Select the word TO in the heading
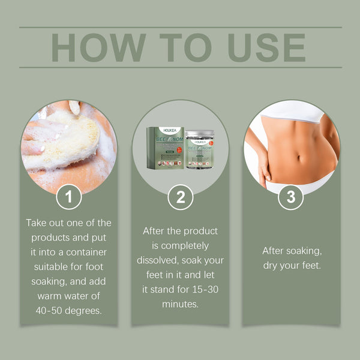click(180, 47)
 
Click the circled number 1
click(70, 197)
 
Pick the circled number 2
click(180, 197)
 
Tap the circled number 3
click(291, 197)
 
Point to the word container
click(90, 252)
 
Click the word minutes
click(180, 304)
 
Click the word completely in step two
click(180, 246)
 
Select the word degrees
click(85, 310)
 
